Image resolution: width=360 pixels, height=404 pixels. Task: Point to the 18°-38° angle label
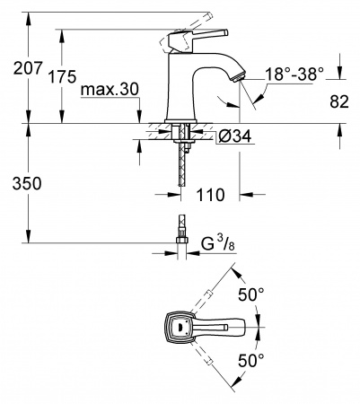(292, 77)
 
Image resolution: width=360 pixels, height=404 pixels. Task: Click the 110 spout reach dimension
(213, 194)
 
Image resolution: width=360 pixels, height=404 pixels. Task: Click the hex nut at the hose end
(180, 240)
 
